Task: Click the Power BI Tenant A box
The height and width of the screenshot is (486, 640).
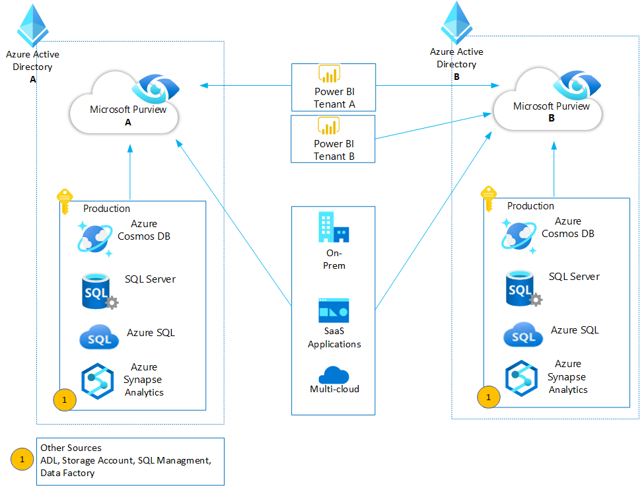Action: pyautogui.click(x=333, y=87)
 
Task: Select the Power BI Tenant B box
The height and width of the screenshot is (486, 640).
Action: pyautogui.click(x=333, y=139)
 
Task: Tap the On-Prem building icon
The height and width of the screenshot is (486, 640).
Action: pyautogui.click(x=334, y=228)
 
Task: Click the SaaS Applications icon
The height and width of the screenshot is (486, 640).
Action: pyautogui.click(x=334, y=311)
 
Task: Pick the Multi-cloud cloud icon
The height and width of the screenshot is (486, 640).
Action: pyautogui.click(x=334, y=374)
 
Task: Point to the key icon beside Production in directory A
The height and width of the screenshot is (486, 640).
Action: pyautogui.click(x=64, y=201)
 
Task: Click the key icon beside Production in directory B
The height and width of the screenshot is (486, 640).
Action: pyautogui.click(x=488, y=198)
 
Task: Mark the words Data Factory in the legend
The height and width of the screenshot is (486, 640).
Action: pyautogui.click(x=67, y=473)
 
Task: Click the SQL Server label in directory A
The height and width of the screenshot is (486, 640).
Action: pyautogui.click(x=150, y=279)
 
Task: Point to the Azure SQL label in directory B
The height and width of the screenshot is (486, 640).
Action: pyautogui.click(x=575, y=330)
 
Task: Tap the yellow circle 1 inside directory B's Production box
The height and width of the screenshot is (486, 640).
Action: pyautogui.click(x=489, y=397)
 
